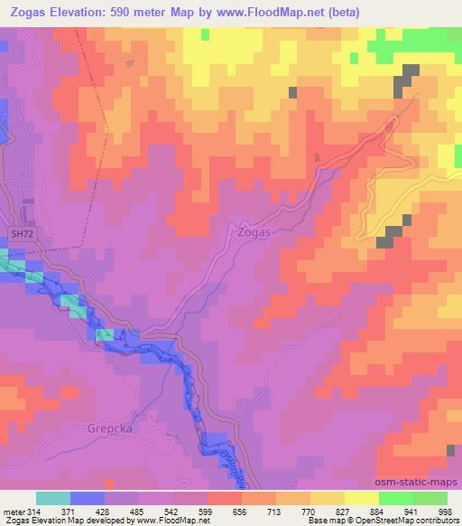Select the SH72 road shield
[x=22, y=234]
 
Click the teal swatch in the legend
[x=53, y=499]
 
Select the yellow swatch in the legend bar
[x=361, y=499]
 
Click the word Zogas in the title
[x=28, y=12]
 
